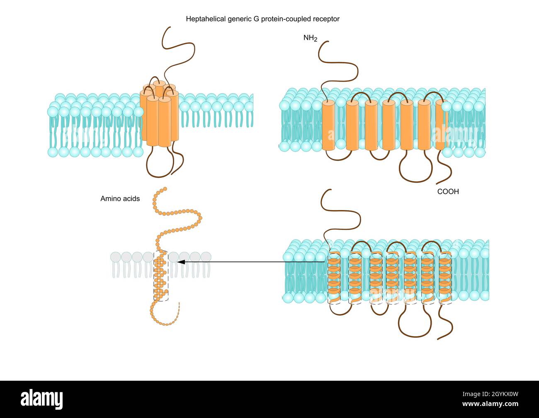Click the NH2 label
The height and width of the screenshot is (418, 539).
(310, 39)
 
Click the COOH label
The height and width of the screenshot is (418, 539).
(448, 192)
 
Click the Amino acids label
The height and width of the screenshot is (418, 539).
(120, 199)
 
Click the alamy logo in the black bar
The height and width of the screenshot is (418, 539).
(42, 399)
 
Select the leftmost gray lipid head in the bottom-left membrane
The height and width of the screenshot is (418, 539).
(115, 257)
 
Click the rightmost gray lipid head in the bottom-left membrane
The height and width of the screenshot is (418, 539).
(206, 257)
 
